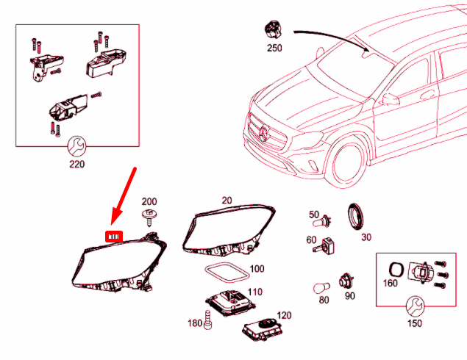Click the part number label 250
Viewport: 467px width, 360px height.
pyautogui.click(x=274, y=48)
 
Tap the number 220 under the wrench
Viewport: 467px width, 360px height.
pyautogui.click(x=76, y=164)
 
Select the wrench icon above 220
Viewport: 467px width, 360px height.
pyautogui.click(x=76, y=145)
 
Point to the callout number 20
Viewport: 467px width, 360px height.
pyautogui.click(x=226, y=200)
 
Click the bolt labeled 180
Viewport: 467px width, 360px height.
pyautogui.click(x=207, y=320)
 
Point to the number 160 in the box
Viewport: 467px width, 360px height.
pyautogui.click(x=391, y=282)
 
